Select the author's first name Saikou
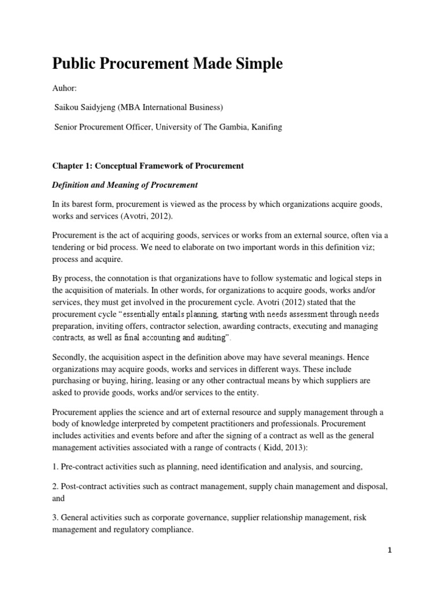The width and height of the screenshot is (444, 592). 68,107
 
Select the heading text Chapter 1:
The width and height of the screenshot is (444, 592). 74,166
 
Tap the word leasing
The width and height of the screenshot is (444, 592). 164,381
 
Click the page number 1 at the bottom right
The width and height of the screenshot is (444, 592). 390,550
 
